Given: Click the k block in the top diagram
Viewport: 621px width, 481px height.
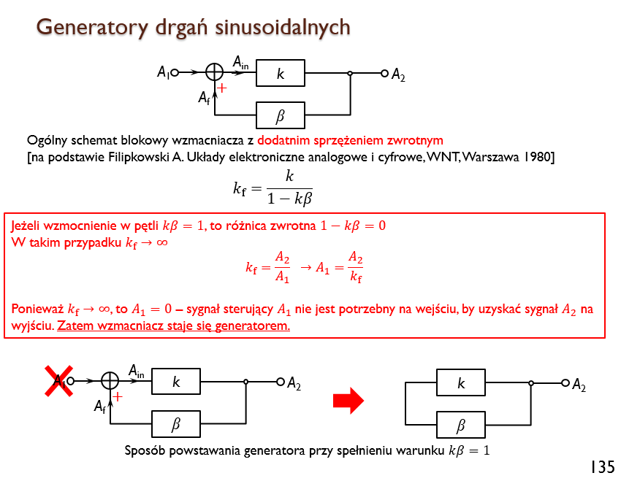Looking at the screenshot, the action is pos(281,73).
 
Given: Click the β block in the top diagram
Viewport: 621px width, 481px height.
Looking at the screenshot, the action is pos(281,115).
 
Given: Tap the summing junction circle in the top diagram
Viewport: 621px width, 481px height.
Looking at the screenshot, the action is pos(215,72).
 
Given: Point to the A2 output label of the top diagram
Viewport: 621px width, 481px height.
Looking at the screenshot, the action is pos(398,74).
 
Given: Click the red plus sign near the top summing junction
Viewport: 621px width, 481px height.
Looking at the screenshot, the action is pos(222,88).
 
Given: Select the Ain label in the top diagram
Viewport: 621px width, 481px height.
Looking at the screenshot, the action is pos(240,63).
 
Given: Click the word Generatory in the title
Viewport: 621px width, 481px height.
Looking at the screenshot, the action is pos(92,28).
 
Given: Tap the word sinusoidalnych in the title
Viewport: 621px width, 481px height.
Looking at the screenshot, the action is pos(283,27).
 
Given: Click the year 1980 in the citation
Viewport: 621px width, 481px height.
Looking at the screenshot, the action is pos(537,157).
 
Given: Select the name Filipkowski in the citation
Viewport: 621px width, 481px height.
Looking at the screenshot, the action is pos(139,158).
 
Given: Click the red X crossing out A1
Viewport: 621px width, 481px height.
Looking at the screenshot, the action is pos(58,381).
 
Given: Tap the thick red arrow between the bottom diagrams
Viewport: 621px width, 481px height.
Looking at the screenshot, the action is pos(348,400).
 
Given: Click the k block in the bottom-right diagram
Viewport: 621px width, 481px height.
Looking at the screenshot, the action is pos(461,382).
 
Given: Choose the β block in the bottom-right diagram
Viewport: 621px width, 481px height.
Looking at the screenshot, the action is pos(461,425).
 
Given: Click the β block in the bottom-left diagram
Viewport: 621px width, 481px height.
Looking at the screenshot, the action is pos(176,424).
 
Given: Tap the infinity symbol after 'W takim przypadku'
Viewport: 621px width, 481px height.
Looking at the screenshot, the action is pos(162,242).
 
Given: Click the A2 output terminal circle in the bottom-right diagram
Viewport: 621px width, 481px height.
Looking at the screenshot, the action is pos(565,383).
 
